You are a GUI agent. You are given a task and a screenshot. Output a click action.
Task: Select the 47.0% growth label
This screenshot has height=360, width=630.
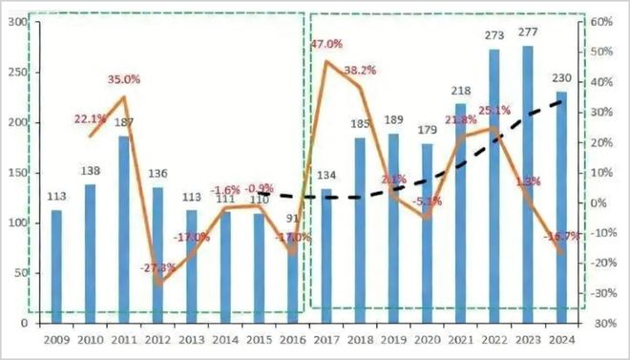327,44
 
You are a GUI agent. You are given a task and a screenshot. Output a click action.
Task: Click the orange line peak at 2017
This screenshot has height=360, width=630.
327,62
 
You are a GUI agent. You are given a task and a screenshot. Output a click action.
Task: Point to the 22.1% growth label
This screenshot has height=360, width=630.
91,117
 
